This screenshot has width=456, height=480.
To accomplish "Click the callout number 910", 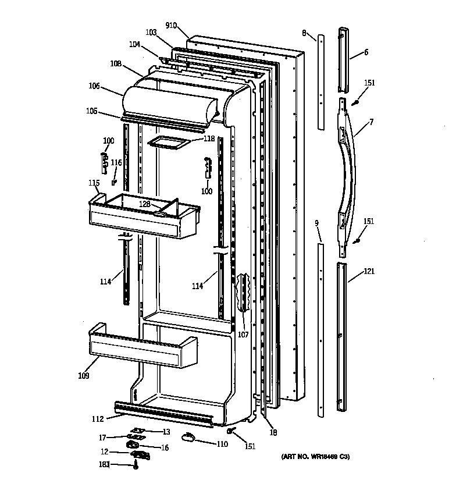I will point(171,25).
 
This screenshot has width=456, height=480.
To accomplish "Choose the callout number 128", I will point(144,204).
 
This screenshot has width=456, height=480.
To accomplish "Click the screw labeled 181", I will point(136,465).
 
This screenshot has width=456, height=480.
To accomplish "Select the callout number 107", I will point(243,335).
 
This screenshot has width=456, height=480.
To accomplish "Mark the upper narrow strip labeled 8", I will point(320,81).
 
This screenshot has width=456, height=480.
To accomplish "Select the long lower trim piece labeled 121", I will point(341,337).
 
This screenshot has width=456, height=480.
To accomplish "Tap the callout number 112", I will point(97,418).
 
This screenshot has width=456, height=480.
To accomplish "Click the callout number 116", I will point(117,163).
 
